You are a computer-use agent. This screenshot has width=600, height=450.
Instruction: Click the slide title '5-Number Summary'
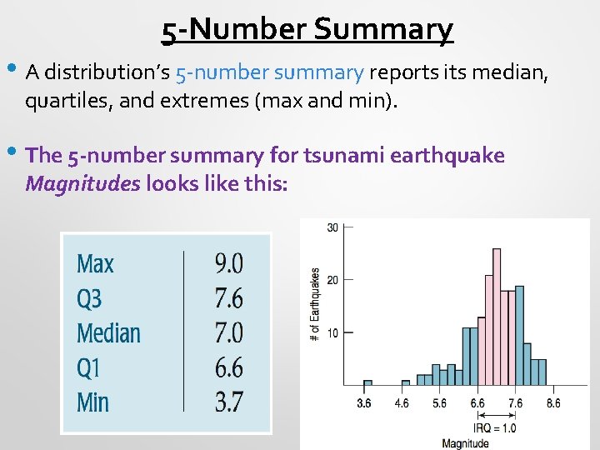coord(307,29)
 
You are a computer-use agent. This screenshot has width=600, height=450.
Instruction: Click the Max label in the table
coord(95,264)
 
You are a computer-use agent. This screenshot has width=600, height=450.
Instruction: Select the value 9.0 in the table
coord(228,264)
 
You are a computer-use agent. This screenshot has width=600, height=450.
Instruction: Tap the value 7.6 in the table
coord(228,298)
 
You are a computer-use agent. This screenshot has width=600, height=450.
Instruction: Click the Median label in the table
coord(108,333)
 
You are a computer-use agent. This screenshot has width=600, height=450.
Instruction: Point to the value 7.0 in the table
coord(228,333)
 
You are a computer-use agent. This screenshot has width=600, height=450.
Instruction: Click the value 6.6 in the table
coord(228,367)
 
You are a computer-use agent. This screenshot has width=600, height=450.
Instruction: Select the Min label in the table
coord(92,402)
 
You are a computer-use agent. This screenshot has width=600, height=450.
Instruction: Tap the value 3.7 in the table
coord(228,402)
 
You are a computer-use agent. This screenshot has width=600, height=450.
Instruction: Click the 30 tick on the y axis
coord(332,227)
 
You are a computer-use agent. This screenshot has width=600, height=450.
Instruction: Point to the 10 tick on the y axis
coord(332,333)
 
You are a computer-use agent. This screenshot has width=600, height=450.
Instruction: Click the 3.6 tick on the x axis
coord(364,403)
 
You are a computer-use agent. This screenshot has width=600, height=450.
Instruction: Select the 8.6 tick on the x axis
coord(552,403)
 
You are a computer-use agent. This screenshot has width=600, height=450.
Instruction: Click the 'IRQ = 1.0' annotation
coord(495,427)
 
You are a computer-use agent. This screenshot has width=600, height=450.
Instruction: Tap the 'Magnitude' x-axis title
coord(465,442)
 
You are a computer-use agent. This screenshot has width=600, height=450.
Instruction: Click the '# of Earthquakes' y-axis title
coord(315,304)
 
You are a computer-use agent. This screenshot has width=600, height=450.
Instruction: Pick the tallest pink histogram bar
coord(497,317)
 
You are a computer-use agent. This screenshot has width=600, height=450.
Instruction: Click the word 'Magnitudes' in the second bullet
coord(82,182)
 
